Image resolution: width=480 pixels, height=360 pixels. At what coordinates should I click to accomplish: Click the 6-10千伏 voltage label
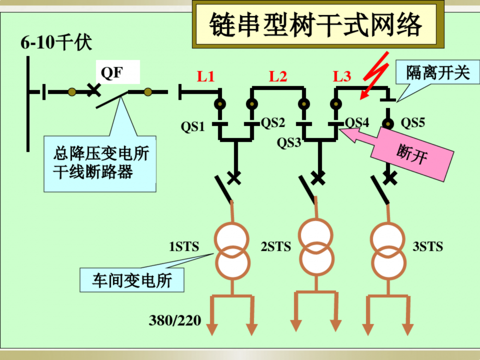(x=56, y=43)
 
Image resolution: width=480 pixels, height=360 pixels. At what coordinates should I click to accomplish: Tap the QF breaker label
(x=112, y=72)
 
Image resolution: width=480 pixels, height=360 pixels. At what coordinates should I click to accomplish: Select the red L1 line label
(x=206, y=77)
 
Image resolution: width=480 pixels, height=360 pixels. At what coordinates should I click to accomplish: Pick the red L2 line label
(x=278, y=77)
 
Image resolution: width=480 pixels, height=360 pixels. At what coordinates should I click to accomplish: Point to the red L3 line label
(x=342, y=77)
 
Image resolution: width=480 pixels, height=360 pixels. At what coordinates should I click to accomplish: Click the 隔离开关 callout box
(x=438, y=73)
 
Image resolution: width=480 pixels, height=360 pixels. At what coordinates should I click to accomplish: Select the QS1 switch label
(x=192, y=127)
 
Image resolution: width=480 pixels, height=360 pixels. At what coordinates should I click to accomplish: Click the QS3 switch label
(x=289, y=143)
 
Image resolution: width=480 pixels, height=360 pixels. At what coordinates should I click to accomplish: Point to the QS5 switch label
(x=413, y=123)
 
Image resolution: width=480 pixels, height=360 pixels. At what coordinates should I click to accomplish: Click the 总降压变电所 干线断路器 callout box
(x=100, y=163)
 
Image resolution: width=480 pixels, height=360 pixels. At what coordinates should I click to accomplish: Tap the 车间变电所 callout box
(x=132, y=280)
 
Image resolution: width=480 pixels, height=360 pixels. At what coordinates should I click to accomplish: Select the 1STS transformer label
(x=184, y=247)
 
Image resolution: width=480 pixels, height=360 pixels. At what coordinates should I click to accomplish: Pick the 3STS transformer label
(x=428, y=247)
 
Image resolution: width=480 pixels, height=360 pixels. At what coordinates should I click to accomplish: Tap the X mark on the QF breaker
(x=93, y=91)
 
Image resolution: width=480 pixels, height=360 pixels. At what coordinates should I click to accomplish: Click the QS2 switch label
(x=272, y=123)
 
